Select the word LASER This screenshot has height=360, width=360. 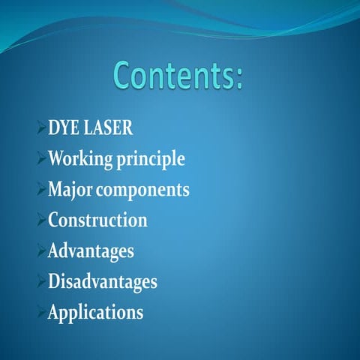(109, 128)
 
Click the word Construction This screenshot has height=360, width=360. (97, 220)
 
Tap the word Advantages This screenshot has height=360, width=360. (91, 251)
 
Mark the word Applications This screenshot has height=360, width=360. (95, 313)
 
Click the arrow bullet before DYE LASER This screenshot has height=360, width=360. (41, 129)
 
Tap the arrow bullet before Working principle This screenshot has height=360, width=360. (41, 160)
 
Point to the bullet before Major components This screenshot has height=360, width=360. (41, 190)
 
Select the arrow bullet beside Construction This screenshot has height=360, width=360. (41, 221)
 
